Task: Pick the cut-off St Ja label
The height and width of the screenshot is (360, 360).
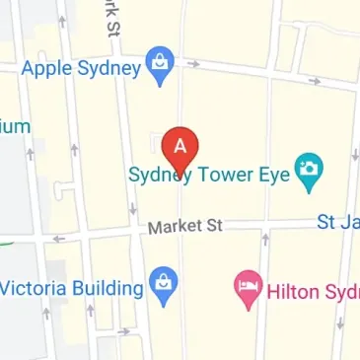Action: point(337,222)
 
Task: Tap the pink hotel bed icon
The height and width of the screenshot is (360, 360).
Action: point(247,288)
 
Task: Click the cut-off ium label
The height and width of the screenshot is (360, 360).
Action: point(16,125)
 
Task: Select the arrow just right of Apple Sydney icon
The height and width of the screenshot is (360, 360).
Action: point(194,65)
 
